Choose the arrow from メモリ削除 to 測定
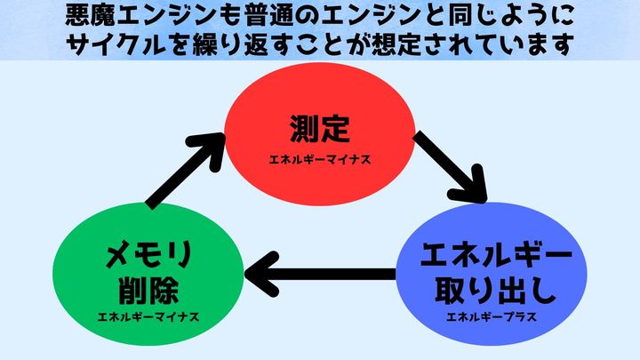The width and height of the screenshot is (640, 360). [183, 169]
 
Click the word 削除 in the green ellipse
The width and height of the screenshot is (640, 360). [148, 290]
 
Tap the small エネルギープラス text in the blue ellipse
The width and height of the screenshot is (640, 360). [493, 316]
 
